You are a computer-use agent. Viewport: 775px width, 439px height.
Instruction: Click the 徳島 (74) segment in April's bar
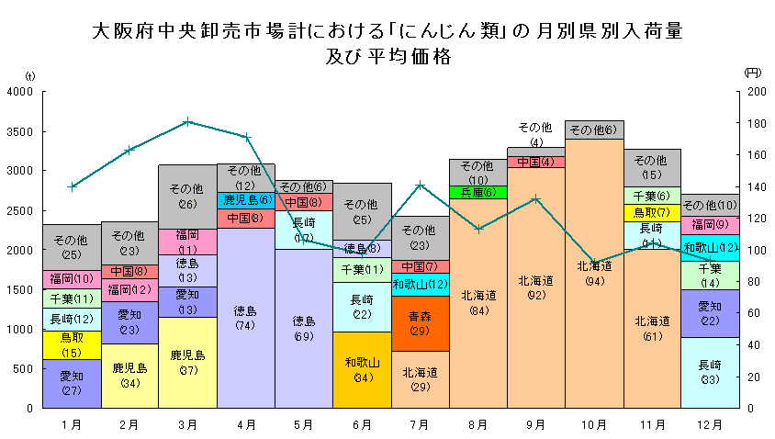click(245, 318)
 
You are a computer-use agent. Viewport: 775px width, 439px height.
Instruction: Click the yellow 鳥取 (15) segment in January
click(72, 344)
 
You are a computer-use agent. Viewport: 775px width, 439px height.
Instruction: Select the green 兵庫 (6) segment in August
click(477, 192)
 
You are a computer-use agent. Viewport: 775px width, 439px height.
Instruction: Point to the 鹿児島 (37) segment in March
click(187, 362)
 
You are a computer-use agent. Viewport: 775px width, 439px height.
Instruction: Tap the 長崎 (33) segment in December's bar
click(710, 372)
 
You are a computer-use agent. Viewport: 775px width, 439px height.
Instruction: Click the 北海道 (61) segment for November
click(652, 328)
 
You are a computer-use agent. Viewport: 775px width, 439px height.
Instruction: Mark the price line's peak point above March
click(187, 121)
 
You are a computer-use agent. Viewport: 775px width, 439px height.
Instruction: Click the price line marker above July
click(420, 185)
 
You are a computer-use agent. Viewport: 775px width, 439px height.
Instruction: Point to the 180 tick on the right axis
click(756, 124)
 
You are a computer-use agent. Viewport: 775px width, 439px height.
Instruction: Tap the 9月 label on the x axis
click(535, 424)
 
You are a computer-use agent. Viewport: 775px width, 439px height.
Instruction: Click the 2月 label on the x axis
click(129, 424)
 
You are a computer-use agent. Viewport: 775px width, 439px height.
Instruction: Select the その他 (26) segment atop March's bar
click(187, 197)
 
